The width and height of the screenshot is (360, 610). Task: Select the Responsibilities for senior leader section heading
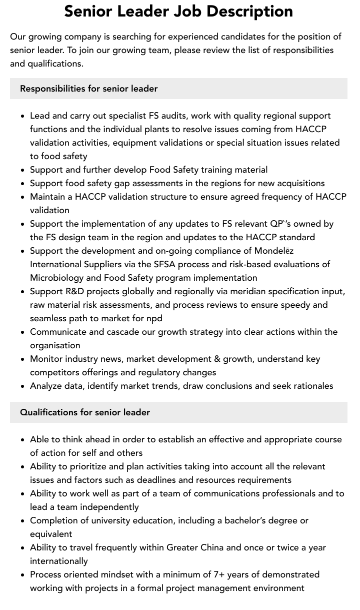click(88, 89)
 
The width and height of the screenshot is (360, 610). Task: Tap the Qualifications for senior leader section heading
click(85, 412)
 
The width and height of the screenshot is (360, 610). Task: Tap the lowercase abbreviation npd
click(153, 318)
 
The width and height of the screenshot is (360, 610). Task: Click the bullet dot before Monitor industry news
click(23, 359)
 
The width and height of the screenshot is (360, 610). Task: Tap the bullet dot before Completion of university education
click(23, 521)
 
